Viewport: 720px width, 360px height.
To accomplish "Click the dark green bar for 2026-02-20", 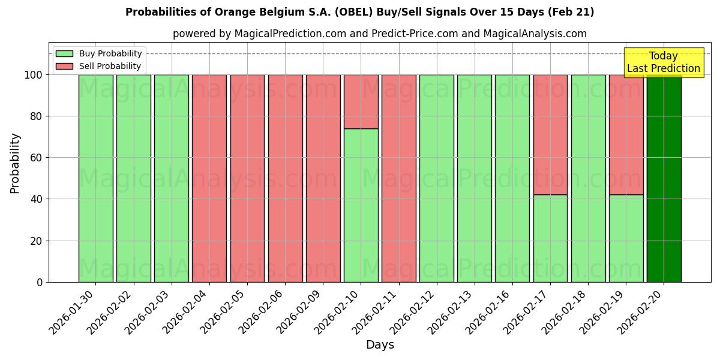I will coord(664,180).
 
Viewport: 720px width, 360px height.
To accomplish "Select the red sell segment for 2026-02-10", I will coord(361,101).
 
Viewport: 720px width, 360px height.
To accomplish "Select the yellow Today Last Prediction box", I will coord(663,62).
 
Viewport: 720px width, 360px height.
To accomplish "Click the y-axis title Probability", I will coord(15,163).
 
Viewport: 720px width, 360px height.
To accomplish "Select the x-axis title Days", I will coord(380,345).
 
